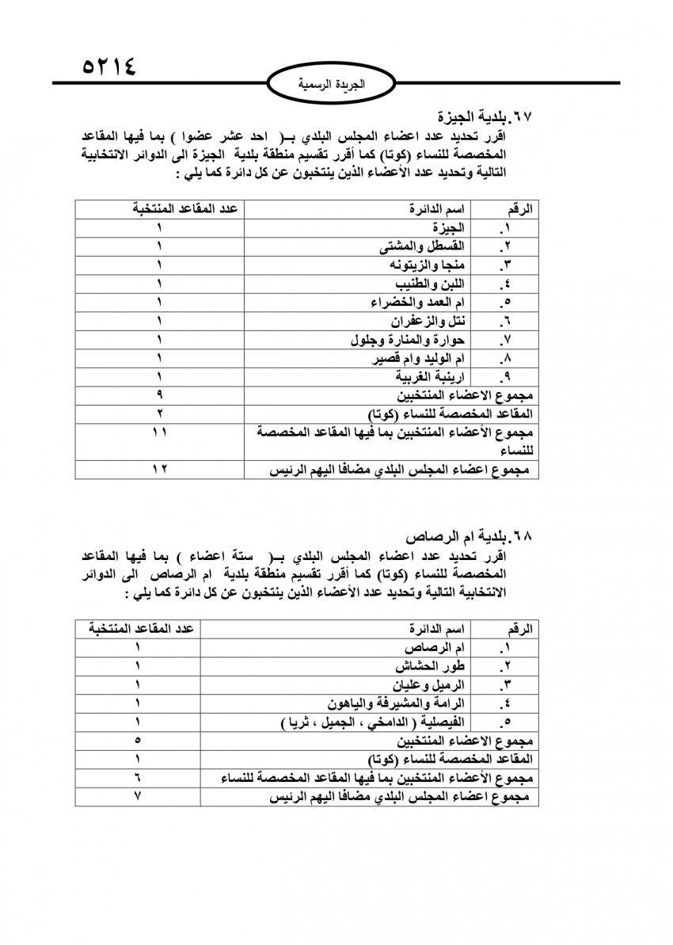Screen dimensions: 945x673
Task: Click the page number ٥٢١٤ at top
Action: pyautogui.click(x=109, y=65)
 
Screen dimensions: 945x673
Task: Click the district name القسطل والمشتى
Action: pyautogui.click(x=425, y=246)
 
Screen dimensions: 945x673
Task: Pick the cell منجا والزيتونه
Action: pyautogui.click(x=428, y=265)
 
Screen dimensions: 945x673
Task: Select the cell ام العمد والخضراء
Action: pyautogui.click(x=419, y=302)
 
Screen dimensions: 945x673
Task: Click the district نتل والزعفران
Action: pyautogui.click(x=428, y=321)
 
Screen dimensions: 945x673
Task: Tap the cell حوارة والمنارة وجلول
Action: pyautogui.click(x=409, y=340)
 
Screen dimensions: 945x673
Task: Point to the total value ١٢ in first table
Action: pyautogui.click(x=160, y=470)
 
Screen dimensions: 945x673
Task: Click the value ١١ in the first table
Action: pyautogui.click(x=160, y=432)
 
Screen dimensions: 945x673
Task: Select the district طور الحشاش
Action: pyautogui.click(x=435, y=666)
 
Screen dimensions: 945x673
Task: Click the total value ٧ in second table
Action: pyautogui.click(x=138, y=797)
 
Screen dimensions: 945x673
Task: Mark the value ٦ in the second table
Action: pyautogui.click(x=138, y=778)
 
